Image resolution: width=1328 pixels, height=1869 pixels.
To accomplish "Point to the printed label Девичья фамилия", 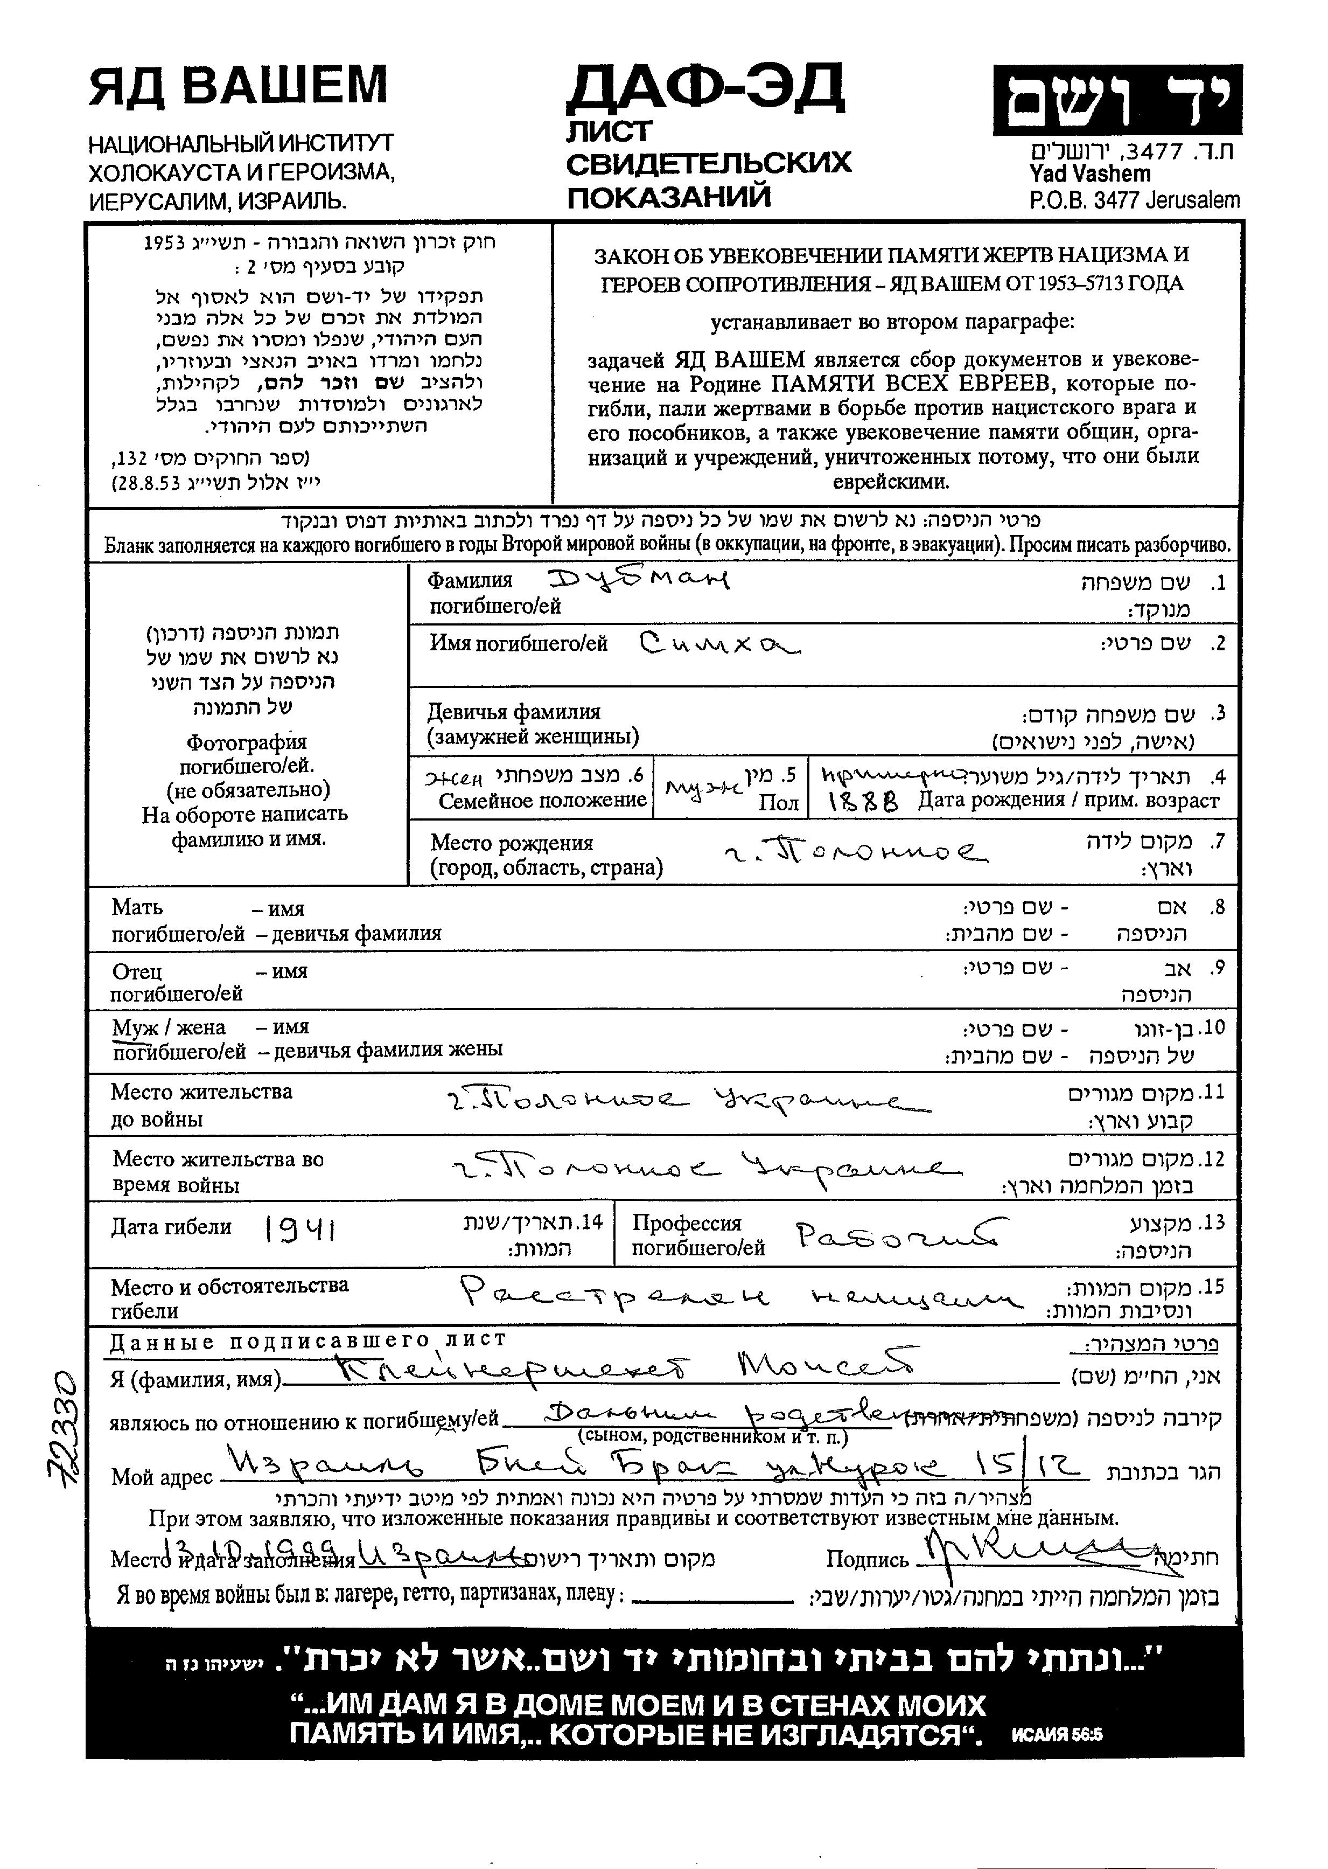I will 514,712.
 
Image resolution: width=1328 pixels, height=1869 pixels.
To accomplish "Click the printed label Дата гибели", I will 171,1227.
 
